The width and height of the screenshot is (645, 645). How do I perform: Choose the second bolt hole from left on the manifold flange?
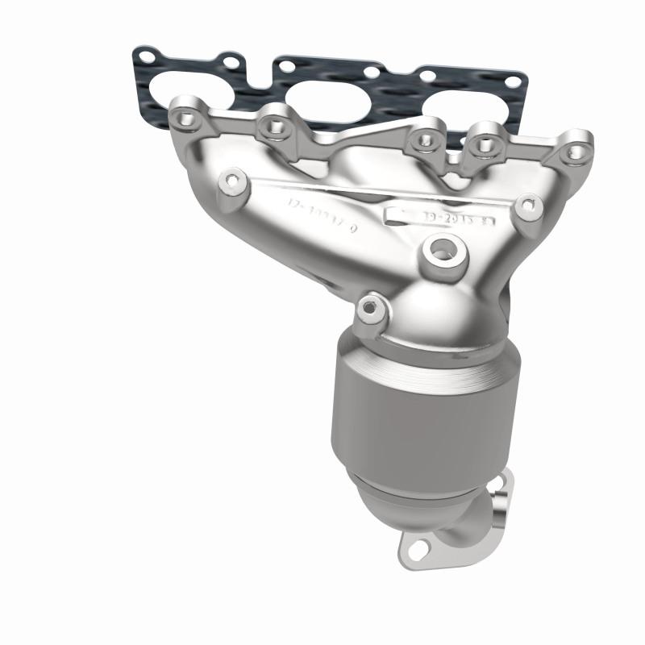tap(273, 125)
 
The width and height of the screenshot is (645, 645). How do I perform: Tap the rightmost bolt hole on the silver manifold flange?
tap(574, 151)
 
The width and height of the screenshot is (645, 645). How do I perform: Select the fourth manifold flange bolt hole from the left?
tap(485, 145)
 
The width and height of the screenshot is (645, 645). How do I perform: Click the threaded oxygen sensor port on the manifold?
tap(439, 251)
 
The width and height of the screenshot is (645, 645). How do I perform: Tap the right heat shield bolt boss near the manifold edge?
tap(527, 206)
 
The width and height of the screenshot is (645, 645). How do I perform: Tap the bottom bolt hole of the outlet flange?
tap(417, 549)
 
